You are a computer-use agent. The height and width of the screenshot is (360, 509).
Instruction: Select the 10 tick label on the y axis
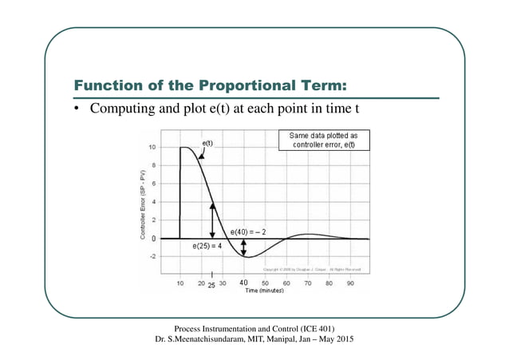pyautogui.click(x=152, y=148)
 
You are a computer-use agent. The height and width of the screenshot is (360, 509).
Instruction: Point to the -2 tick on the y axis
pyautogui.click(x=152, y=256)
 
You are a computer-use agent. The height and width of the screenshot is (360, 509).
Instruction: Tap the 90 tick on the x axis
pyautogui.click(x=349, y=282)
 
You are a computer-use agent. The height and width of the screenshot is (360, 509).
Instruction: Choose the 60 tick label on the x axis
pyautogui.click(x=286, y=282)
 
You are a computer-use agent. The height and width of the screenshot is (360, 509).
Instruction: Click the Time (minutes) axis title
pyautogui.click(x=264, y=291)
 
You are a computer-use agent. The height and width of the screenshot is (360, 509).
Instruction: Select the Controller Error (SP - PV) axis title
pyautogui.click(x=142, y=204)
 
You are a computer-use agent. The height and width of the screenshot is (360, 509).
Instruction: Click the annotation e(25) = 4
pyautogui.click(x=207, y=247)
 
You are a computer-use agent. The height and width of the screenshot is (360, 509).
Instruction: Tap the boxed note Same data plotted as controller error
pyautogui.click(x=323, y=140)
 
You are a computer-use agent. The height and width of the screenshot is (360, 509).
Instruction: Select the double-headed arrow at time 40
pyautogui.click(x=244, y=247)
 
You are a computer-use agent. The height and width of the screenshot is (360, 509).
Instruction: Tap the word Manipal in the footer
pyautogui.click(x=286, y=340)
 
